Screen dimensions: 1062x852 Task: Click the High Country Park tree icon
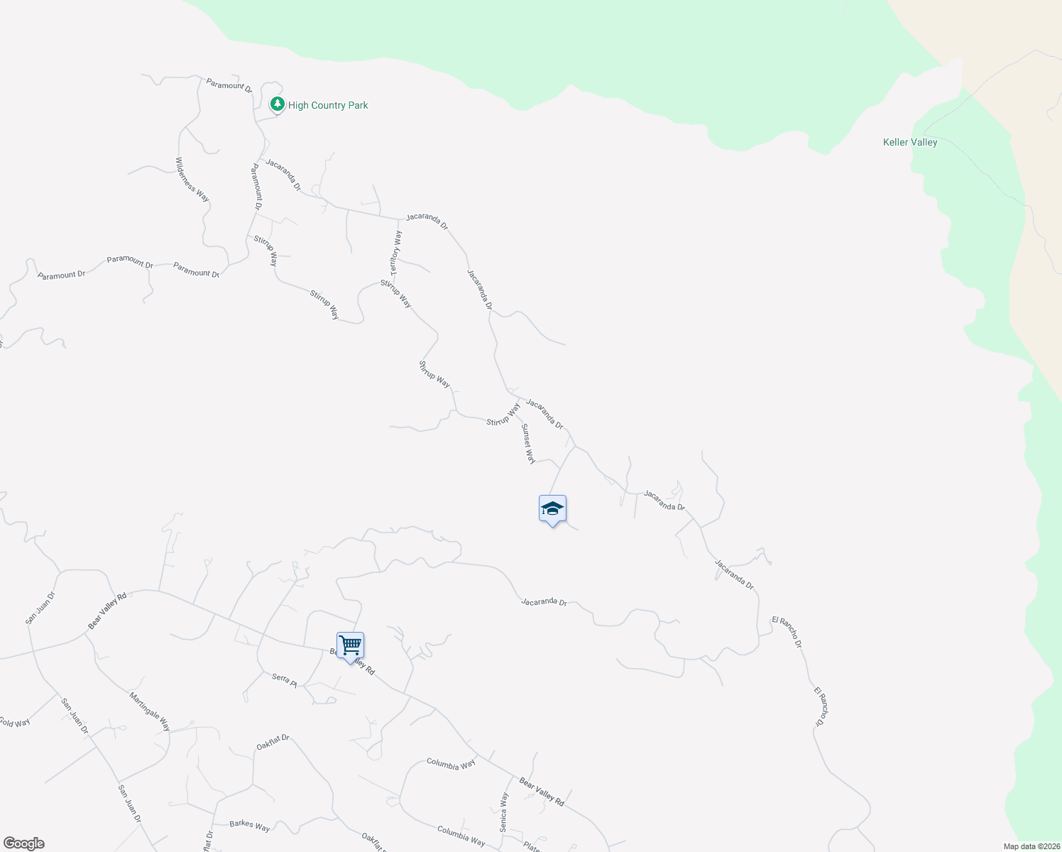(277, 105)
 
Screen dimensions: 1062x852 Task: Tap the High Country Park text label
(328, 105)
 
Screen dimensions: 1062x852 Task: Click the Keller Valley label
(910, 142)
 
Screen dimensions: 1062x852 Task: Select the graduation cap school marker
(552, 509)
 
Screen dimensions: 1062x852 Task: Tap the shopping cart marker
(350, 646)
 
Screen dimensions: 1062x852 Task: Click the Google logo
(23, 843)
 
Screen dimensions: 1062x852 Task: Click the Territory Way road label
(396, 253)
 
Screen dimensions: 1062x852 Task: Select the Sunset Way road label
(528, 444)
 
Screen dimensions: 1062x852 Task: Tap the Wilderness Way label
(192, 180)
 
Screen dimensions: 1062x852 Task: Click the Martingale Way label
(150, 711)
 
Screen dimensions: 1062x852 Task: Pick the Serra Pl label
(284, 679)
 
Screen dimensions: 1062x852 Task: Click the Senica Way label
(504, 812)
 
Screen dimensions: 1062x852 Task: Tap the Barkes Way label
(249, 826)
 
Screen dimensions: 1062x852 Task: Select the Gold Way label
(14, 723)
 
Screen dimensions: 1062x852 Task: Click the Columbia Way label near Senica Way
(451, 764)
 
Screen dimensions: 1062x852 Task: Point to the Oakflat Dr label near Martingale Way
(273, 743)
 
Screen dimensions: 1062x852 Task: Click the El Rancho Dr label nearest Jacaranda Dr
(787, 632)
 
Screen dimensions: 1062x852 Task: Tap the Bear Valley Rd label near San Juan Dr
(107, 610)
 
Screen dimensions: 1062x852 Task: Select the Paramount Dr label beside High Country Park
(229, 86)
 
